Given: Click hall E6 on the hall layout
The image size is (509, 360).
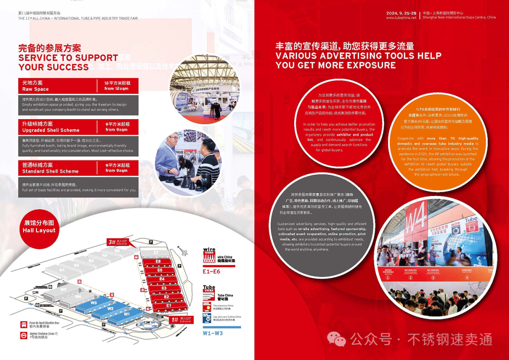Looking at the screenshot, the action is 158,261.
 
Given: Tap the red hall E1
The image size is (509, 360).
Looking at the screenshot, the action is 169,306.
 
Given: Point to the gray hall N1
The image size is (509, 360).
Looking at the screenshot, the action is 62,270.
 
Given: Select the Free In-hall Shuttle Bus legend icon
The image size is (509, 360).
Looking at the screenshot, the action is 23,325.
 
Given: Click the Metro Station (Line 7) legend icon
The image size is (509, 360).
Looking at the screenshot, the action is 23,335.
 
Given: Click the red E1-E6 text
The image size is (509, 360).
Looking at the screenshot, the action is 211,271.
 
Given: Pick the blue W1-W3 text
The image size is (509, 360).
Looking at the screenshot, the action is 213,334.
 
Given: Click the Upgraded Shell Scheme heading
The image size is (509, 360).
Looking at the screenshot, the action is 51,127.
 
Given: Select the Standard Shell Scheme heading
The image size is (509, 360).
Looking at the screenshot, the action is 50,168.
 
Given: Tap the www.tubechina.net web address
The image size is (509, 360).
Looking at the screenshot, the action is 401,17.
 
